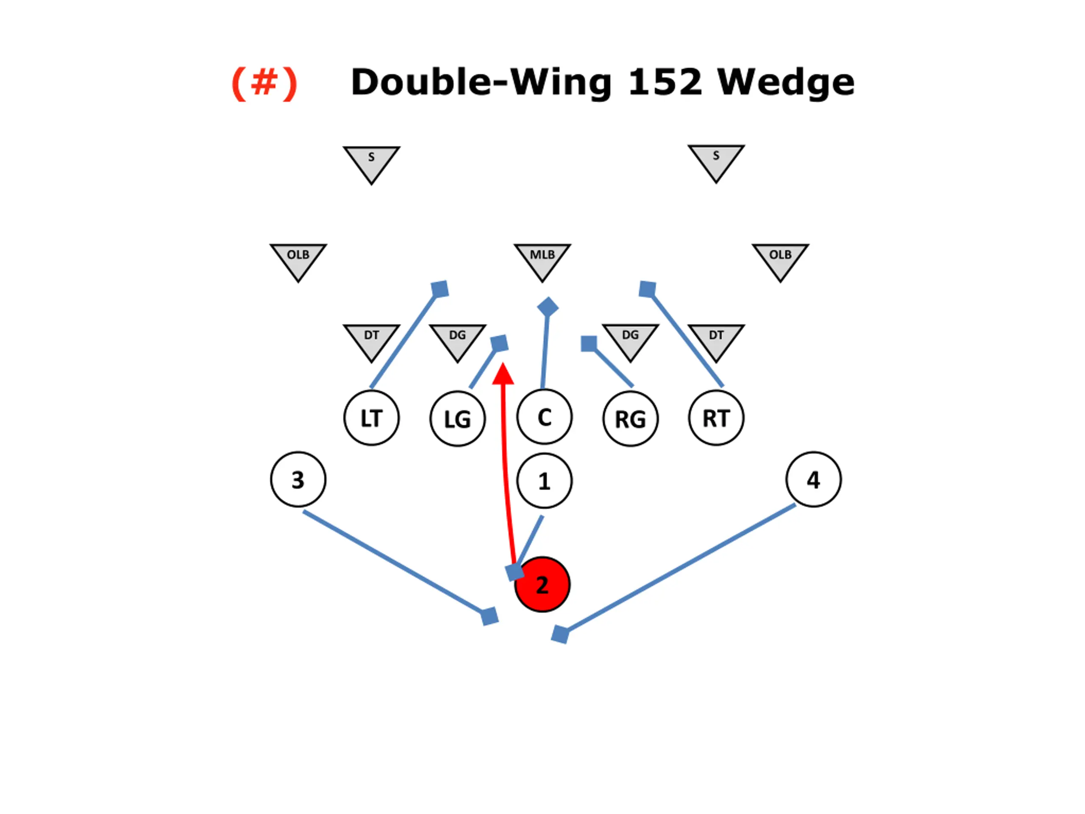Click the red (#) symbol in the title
click(264, 83)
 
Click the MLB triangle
click(542, 259)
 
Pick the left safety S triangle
click(371, 162)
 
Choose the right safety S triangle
click(716, 160)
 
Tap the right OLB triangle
click(780, 259)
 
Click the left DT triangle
click(371, 339)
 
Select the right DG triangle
click(630, 339)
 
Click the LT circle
click(371, 418)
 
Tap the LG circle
click(458, 418)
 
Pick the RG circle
click(630, 418)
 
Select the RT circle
click(716, 418)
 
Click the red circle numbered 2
click(542, 584)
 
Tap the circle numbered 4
click(813, 479)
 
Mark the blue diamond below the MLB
click(548, 307)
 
